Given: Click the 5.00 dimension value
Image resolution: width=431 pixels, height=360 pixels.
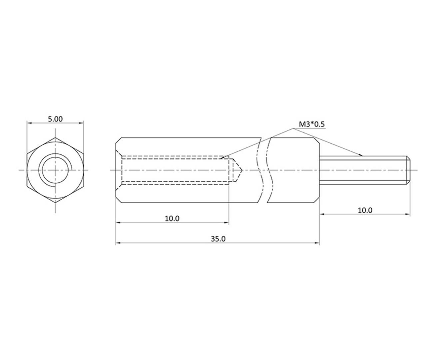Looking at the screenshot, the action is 55,119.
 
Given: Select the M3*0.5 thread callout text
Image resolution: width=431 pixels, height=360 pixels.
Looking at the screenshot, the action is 312,124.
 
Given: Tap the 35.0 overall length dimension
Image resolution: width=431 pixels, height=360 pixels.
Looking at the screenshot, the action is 218,239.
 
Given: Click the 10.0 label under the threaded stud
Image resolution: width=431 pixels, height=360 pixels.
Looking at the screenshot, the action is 365,210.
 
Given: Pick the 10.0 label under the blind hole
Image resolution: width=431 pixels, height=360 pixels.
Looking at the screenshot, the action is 172,218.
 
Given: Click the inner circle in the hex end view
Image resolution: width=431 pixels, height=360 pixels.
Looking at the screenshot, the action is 55,170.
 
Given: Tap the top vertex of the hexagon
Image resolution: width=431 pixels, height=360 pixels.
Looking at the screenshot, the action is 55,137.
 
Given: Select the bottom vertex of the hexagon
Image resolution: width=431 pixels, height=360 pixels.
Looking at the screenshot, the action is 55,203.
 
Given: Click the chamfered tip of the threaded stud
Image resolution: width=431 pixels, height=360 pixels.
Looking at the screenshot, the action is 408,170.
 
